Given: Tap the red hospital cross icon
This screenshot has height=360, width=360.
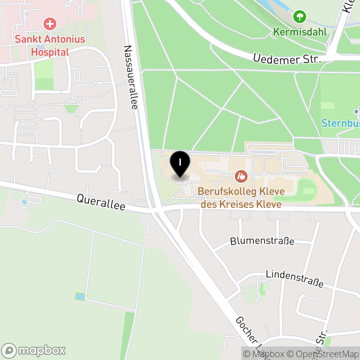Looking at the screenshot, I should (x=49, y=24).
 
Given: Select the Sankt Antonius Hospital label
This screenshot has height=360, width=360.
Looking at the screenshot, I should (x=49, y=45).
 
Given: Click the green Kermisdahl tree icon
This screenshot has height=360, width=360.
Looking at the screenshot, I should (x=299, y=18).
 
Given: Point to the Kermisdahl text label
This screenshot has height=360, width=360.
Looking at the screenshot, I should (x=299, y=32).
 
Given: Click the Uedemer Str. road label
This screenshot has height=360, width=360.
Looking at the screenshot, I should (x=287, y=58).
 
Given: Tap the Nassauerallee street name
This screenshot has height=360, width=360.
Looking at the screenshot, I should (x=130, y=77).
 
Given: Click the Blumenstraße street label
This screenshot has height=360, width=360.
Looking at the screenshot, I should (x=262, y=241).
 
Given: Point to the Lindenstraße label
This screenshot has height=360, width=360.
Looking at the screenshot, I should (x=294, y=278).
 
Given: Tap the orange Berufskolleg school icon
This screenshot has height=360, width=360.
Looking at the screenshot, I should (x=241, y=176).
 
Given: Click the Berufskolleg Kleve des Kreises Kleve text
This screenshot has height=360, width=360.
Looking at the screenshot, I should (x=241, y=198).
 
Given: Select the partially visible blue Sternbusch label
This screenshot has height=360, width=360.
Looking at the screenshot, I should (x=340, y=122).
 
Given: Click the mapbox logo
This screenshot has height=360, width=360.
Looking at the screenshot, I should (x=34, y=350).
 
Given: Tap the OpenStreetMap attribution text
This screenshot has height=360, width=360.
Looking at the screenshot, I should (x=324, y=354).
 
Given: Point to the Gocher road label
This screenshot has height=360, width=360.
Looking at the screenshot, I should (x=247, y=335).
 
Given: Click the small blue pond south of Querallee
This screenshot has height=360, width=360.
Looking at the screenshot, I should (x=80, y=296).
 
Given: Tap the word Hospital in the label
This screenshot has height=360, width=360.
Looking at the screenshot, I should (x=49, y=52).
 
